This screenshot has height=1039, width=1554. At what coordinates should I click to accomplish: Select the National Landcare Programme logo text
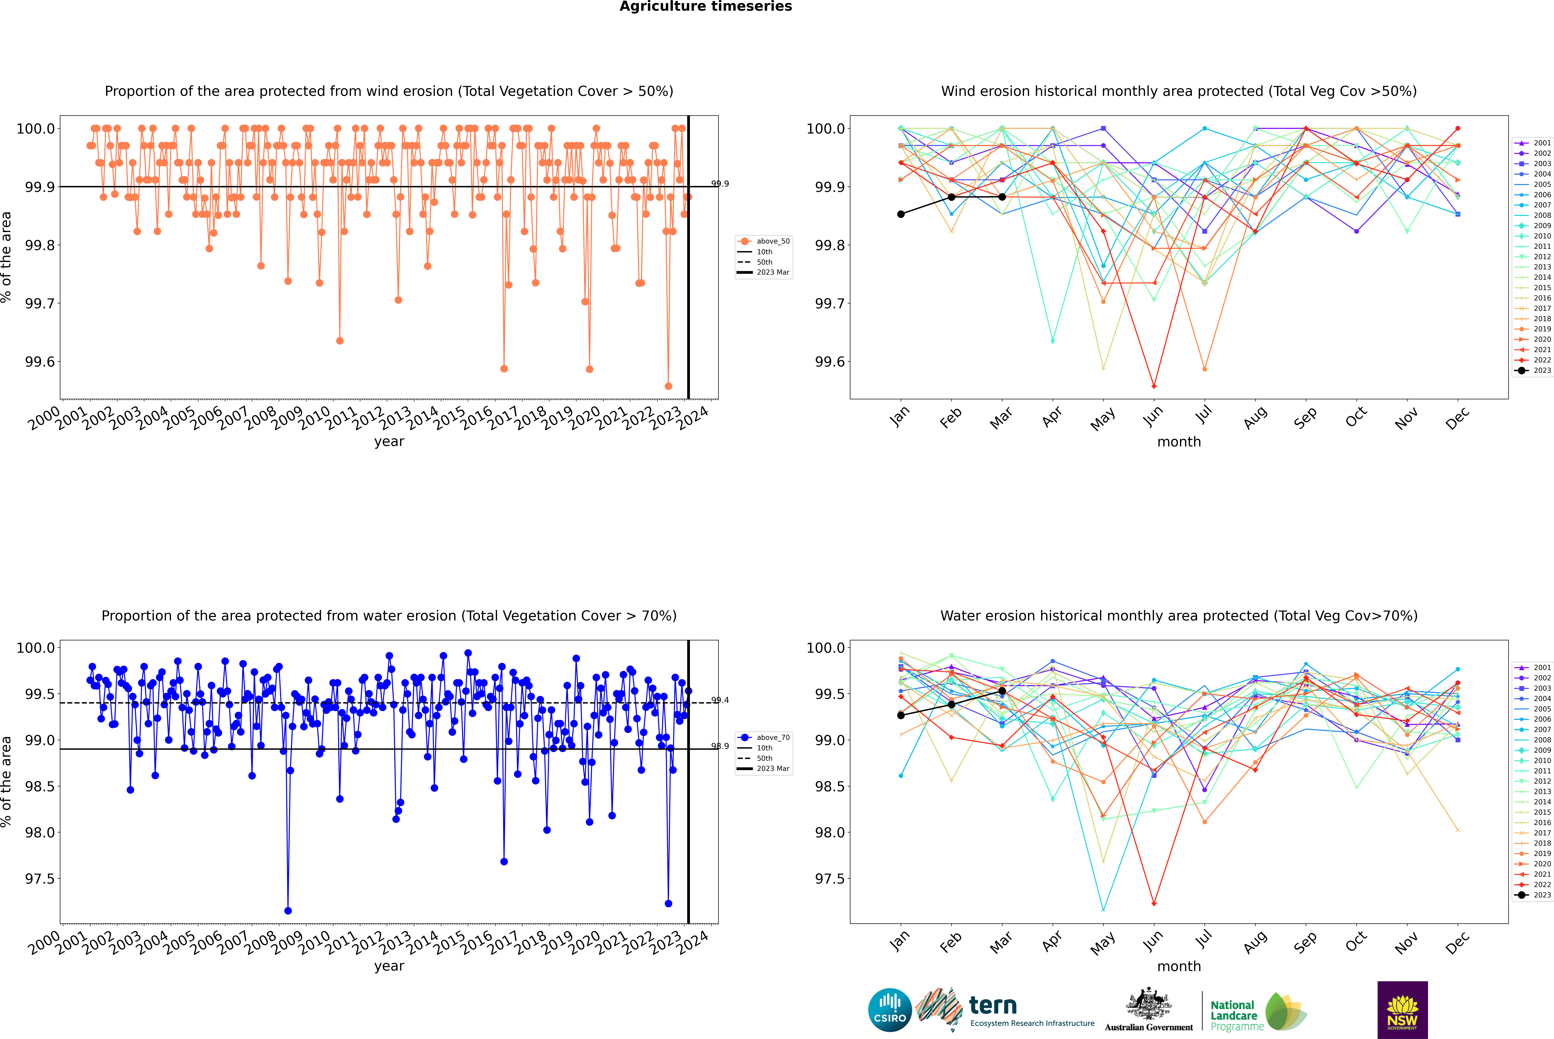pos(1233,1015)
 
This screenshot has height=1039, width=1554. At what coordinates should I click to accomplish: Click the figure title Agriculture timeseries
pos(705,7)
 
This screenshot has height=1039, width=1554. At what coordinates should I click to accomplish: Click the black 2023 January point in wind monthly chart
pos(901,214)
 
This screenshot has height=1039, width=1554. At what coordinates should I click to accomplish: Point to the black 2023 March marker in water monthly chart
pos(1002,691)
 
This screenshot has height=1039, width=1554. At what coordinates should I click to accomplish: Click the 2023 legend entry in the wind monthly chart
pos(1533,370)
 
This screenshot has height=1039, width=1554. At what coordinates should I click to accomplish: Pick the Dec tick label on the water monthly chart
pos(1457,942)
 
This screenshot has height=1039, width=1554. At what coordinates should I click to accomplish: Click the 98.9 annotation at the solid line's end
pos(720,746)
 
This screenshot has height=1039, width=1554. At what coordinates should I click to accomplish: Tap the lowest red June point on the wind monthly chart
pos(1154,386)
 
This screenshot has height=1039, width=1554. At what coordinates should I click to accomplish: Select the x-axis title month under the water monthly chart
pos(1178,966)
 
